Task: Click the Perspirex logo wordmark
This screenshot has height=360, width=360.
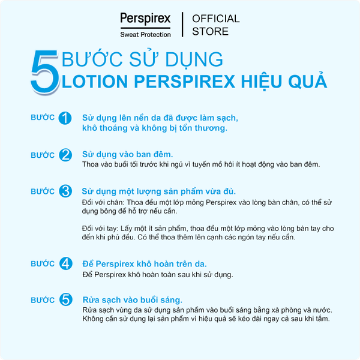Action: tap(145, 19)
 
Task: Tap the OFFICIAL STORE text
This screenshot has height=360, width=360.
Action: tap(215, 25)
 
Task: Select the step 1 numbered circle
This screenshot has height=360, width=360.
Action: tap(66, 118)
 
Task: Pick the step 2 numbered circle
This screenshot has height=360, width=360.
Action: tap(66, 155)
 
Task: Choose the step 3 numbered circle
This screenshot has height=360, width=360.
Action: tap(66, 192)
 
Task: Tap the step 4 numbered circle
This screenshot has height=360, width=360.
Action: tap(66, 264)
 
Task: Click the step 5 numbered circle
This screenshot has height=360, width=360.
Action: tap(66, 300)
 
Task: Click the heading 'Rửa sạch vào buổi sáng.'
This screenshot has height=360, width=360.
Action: tap(132, 299)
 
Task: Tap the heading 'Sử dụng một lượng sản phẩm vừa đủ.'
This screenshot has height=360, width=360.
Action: tap(158, 191)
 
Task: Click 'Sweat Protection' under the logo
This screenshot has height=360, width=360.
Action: tap(145, 34)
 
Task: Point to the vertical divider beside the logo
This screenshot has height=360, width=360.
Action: tap(182, 24)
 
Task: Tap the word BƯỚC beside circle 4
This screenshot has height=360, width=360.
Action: tap(43, 263)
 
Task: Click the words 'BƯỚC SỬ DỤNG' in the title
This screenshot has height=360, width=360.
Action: tap(143, 59)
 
